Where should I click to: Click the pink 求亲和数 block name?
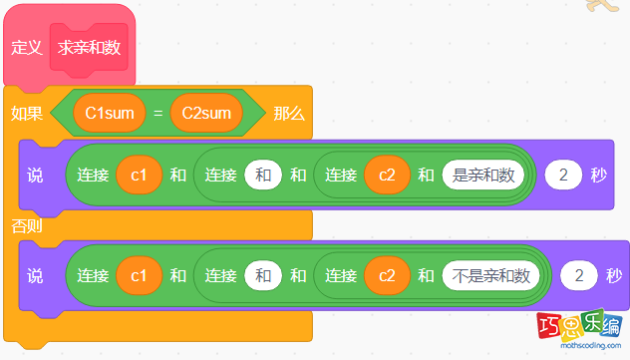[x=90, y=47]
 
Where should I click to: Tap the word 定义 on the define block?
[x=25, y=47]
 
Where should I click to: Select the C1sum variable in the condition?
[x=110, y=114]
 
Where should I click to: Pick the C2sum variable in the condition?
[x=206, y=114]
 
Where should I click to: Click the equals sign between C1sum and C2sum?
[x=157, y=114]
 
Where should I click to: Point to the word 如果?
[x=27, y=114]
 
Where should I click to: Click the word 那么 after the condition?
[x=289, y=114]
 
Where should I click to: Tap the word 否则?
[x=27, y=225]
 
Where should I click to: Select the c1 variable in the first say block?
[x=139, y=176]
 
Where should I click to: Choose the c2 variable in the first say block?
[x=386, y=176]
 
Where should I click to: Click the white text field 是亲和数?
[x=484, y=176]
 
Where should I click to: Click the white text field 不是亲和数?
[x=490, y=275]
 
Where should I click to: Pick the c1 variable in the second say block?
[x=139, y=275]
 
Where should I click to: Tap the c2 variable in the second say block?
[x=386, y=275]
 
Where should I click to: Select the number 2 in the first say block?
[x=563, y=176]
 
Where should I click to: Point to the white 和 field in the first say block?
[x=263, y=176]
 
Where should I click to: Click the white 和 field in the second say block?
[x=263, y=275]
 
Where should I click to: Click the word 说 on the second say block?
[x=35, y=275]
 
